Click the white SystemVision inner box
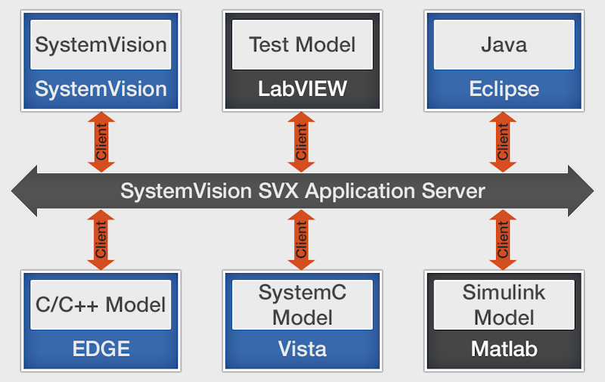point(101,45)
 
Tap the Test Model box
point(302,45)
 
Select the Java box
point(504,45)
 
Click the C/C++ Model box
point(101,305)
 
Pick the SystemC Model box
point(302,305)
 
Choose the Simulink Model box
point(504,305)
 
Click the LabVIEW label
point(302,89)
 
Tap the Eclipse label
point(504,89)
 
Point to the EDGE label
point(101,349)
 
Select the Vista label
point(302,349)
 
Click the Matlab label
point(504,349)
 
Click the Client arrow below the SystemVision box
point(101,142)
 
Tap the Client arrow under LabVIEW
point(301,142)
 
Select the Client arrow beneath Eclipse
point(503,142)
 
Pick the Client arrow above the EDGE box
point(101,240)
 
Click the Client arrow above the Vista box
point(301,240)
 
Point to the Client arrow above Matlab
point(503,240)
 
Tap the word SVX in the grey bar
point(278,191)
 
